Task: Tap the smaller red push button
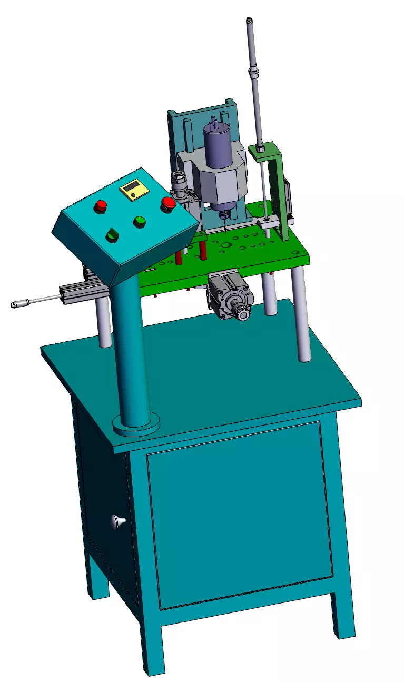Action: [x=101, y=205]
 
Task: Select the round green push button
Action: [x=140, y=221]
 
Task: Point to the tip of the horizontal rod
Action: [x=14, y=304]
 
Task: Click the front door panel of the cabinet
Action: [x=240, y=516]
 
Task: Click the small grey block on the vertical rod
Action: [x=267, y=222]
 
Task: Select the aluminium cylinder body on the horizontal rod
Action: [x=79, y=293]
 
